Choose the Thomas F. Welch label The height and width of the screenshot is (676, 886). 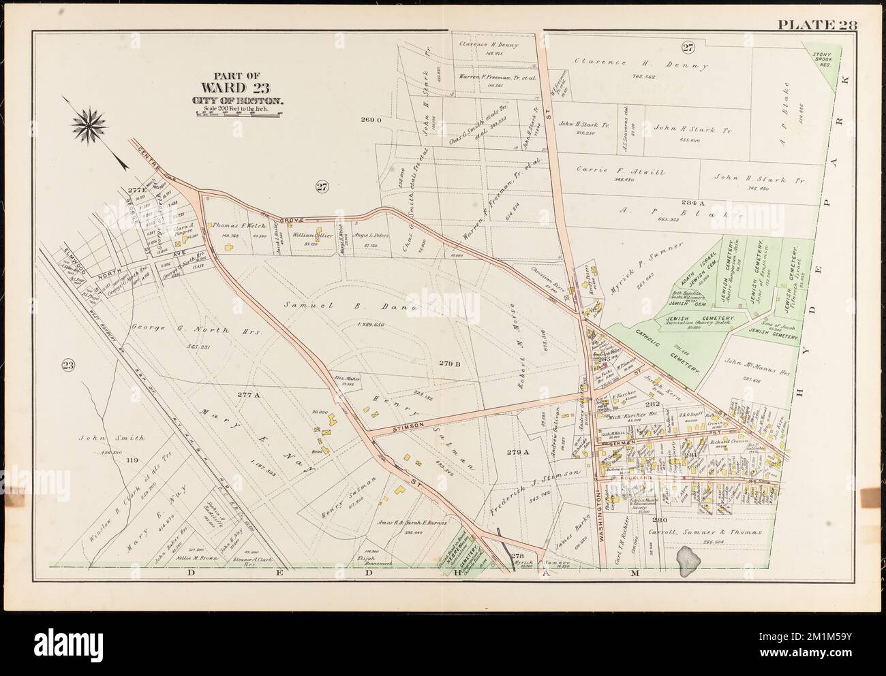point(234,225)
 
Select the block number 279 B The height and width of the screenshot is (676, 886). point(450,364)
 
